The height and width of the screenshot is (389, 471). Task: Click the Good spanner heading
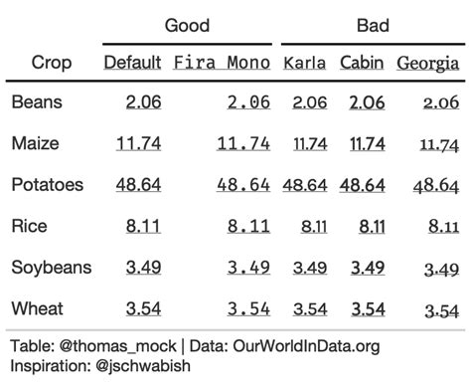point(187,25)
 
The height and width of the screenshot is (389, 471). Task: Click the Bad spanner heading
point(372,25)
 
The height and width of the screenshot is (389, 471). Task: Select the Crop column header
point(52,63)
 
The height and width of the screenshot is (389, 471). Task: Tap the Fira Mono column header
point(222,63)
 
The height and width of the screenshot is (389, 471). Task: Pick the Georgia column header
point(428,64)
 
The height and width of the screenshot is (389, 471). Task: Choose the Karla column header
point(305,63)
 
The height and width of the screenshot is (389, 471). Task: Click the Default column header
point(133,63)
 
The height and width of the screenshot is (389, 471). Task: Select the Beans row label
point(37,101)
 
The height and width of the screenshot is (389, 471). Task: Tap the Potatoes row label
point(48,185)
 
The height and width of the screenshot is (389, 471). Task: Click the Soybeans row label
point(52,268)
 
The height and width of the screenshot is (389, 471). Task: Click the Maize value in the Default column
point(139,143)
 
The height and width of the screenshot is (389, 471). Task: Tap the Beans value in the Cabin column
point(367,101)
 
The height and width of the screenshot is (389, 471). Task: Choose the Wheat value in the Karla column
point(310,308)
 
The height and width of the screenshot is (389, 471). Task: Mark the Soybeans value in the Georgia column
point(441,269)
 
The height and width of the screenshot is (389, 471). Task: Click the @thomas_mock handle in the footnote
point(116,346)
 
